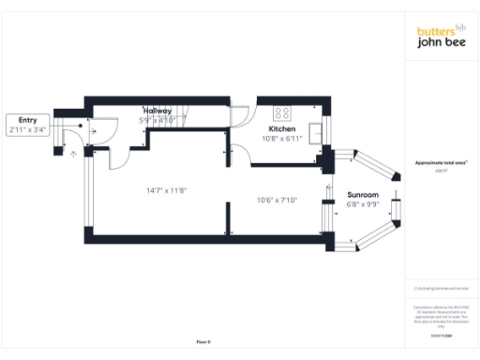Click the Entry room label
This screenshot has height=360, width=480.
tap(26, 120)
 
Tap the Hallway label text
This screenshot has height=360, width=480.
tap(157, 111)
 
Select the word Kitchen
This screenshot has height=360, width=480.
tap(282, 128)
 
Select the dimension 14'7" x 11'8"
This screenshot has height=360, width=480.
tap(166, 190)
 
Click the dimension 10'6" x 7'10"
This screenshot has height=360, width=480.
tap(277, 200)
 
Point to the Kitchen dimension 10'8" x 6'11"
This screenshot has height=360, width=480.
tap(282, 139)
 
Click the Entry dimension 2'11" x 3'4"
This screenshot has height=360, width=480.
tap(26, 130)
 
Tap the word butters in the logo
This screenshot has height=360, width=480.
tap(435, 32)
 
